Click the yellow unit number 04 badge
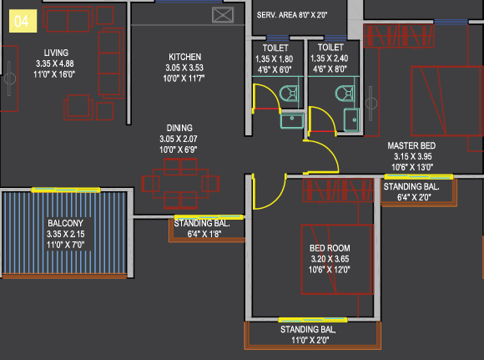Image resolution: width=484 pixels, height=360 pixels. [x=23, y=21]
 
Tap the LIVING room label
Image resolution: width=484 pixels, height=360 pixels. [x=56, y=53]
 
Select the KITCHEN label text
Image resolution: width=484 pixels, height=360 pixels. [x=185, y=57]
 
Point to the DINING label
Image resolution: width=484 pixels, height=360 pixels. [x=179, y=128]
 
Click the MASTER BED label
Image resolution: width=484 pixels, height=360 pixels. [x=411, y=145]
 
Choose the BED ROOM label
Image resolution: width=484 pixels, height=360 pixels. [x=330, y=248]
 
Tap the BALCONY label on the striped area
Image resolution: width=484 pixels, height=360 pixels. [x=65, y=223]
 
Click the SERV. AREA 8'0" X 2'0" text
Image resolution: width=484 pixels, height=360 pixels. [x=292, y=15]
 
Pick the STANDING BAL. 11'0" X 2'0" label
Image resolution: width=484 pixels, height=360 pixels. [x=309, y=335]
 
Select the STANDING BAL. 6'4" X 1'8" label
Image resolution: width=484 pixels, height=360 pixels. [x=202, y=228]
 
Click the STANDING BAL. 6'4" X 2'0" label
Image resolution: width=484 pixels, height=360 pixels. [x=411, y=191]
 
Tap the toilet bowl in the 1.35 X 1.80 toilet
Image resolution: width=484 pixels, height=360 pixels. [x=289, y=94]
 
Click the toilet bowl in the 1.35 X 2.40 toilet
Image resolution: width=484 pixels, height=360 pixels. [x=345, y=94]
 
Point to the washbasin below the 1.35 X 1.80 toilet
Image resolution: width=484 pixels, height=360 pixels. [x=292, y=120]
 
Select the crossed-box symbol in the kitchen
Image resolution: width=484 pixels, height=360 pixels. [x=223, y=15]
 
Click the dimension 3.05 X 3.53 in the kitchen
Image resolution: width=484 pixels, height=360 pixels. [x=184, y=68]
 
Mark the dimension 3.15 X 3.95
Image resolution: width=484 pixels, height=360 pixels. [x=413, y=156]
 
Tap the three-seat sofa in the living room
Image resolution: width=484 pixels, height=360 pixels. [x=111, y=63]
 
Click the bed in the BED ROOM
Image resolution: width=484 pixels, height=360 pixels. [x=337, y=259]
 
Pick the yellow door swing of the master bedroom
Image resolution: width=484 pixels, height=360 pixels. [x=333, y=150]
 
